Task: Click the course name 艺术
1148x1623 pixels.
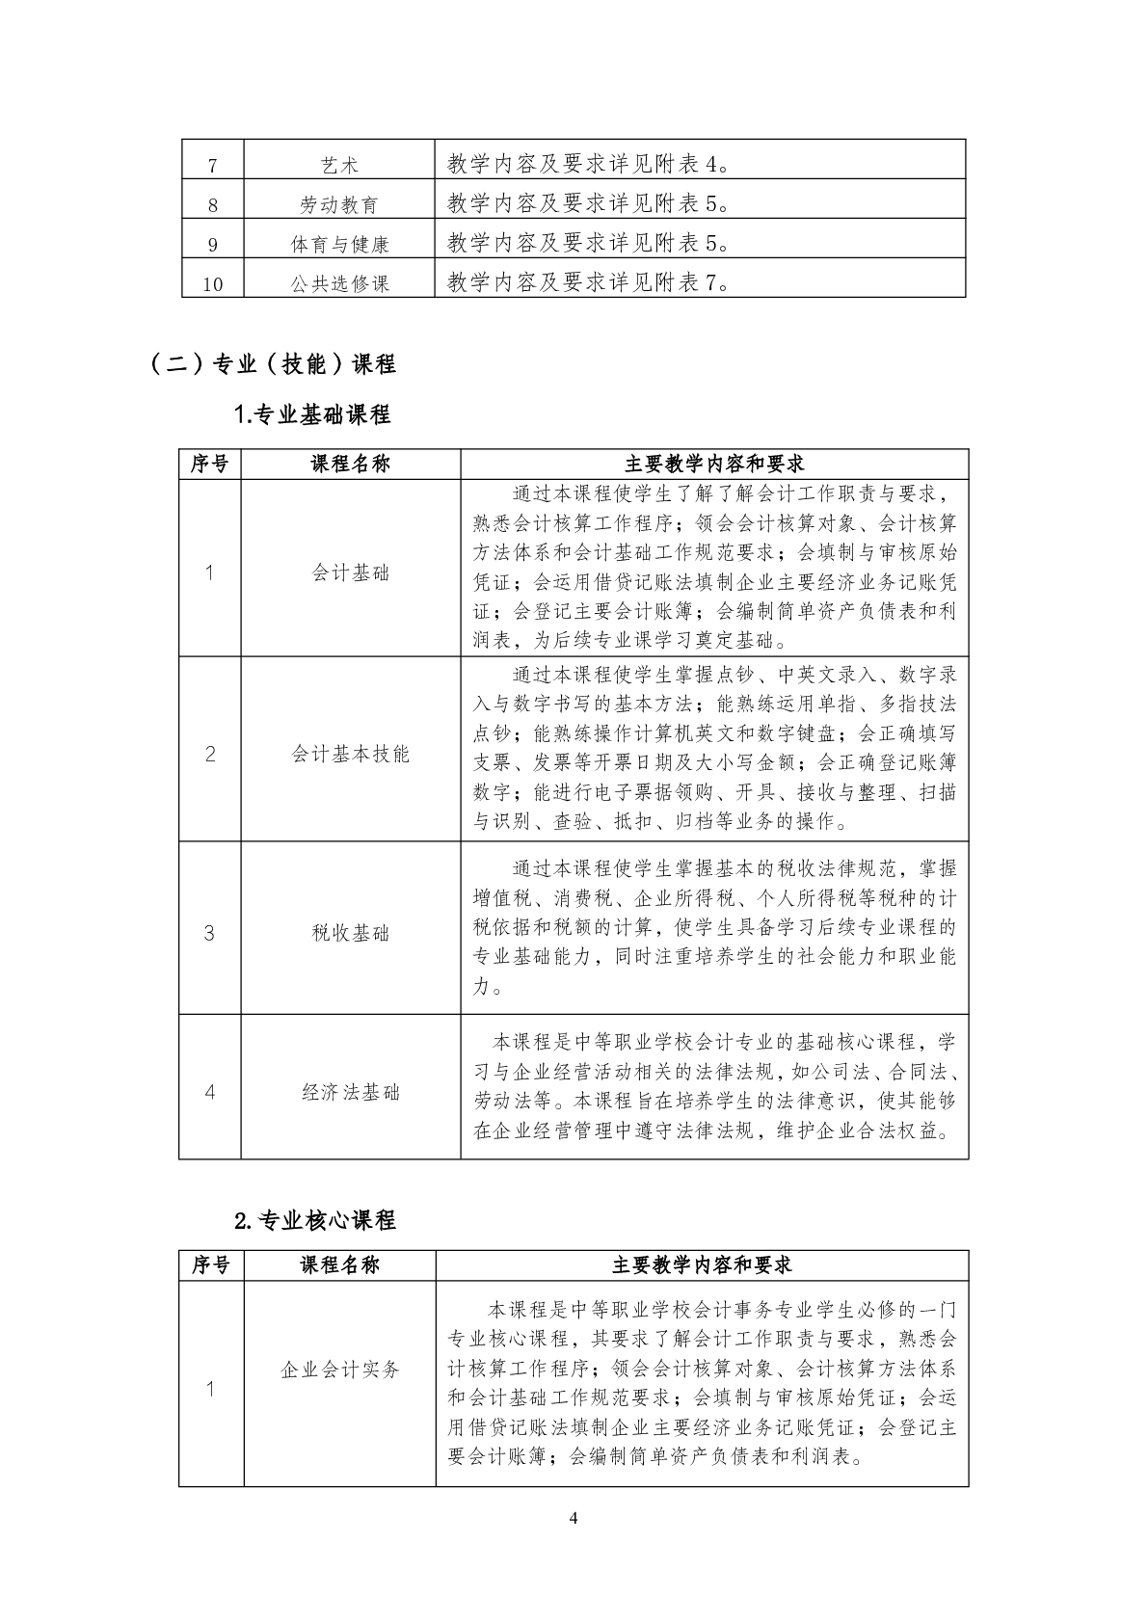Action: (338, 165)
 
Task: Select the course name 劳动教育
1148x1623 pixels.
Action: (338, 204)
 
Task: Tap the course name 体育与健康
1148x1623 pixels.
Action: (339, 244)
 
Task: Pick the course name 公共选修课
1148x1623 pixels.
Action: (339, 283)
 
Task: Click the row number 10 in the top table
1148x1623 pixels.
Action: (213, 283)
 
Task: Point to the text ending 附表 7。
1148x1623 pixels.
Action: (589, 281)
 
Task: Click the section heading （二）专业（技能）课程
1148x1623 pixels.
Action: (273, 364)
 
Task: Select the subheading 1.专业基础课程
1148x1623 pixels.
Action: (312, 415)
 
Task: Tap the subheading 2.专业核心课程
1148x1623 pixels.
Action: (315, 1219)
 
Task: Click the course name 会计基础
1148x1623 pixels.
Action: (351, 572)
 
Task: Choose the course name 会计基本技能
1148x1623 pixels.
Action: (351, 754)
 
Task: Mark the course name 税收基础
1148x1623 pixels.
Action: (351, 932)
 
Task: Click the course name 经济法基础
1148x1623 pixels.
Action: (351, 1092)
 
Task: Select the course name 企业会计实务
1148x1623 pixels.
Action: (339, 1370)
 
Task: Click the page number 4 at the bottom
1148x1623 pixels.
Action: (574, 1519)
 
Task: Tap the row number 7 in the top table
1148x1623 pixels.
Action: (213, 165)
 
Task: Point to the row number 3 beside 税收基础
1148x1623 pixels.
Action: (209, 932)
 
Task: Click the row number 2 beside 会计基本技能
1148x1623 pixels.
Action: (210, 754)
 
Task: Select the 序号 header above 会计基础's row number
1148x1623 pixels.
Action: (210, 464)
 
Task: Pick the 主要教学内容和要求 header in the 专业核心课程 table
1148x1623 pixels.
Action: (702, 1264)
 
